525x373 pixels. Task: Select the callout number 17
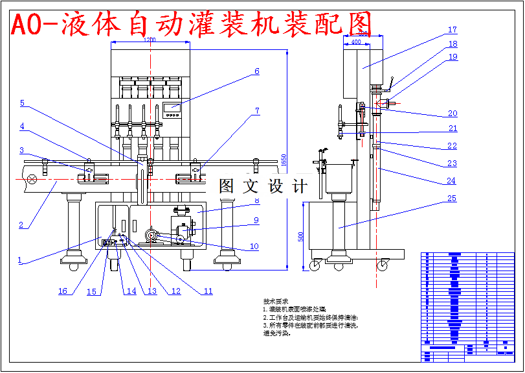point(452,30)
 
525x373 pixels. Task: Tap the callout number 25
point(452,198)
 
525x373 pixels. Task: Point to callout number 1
point(19,260)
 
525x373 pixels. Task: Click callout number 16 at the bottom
point(63,291)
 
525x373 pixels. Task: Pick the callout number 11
point(208,291)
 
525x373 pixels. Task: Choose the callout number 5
point(22,103)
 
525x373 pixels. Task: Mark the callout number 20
point(452,114)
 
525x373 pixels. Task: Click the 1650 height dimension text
point(284,158)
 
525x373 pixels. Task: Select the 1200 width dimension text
point(150,40)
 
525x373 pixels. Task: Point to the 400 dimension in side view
point(355,42)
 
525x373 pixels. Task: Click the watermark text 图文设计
point(262,187)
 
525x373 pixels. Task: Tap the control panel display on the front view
point(172,106)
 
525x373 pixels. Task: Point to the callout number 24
point(451,180)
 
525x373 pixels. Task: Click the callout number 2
point(21,225)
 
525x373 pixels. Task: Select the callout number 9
point(256,221)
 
